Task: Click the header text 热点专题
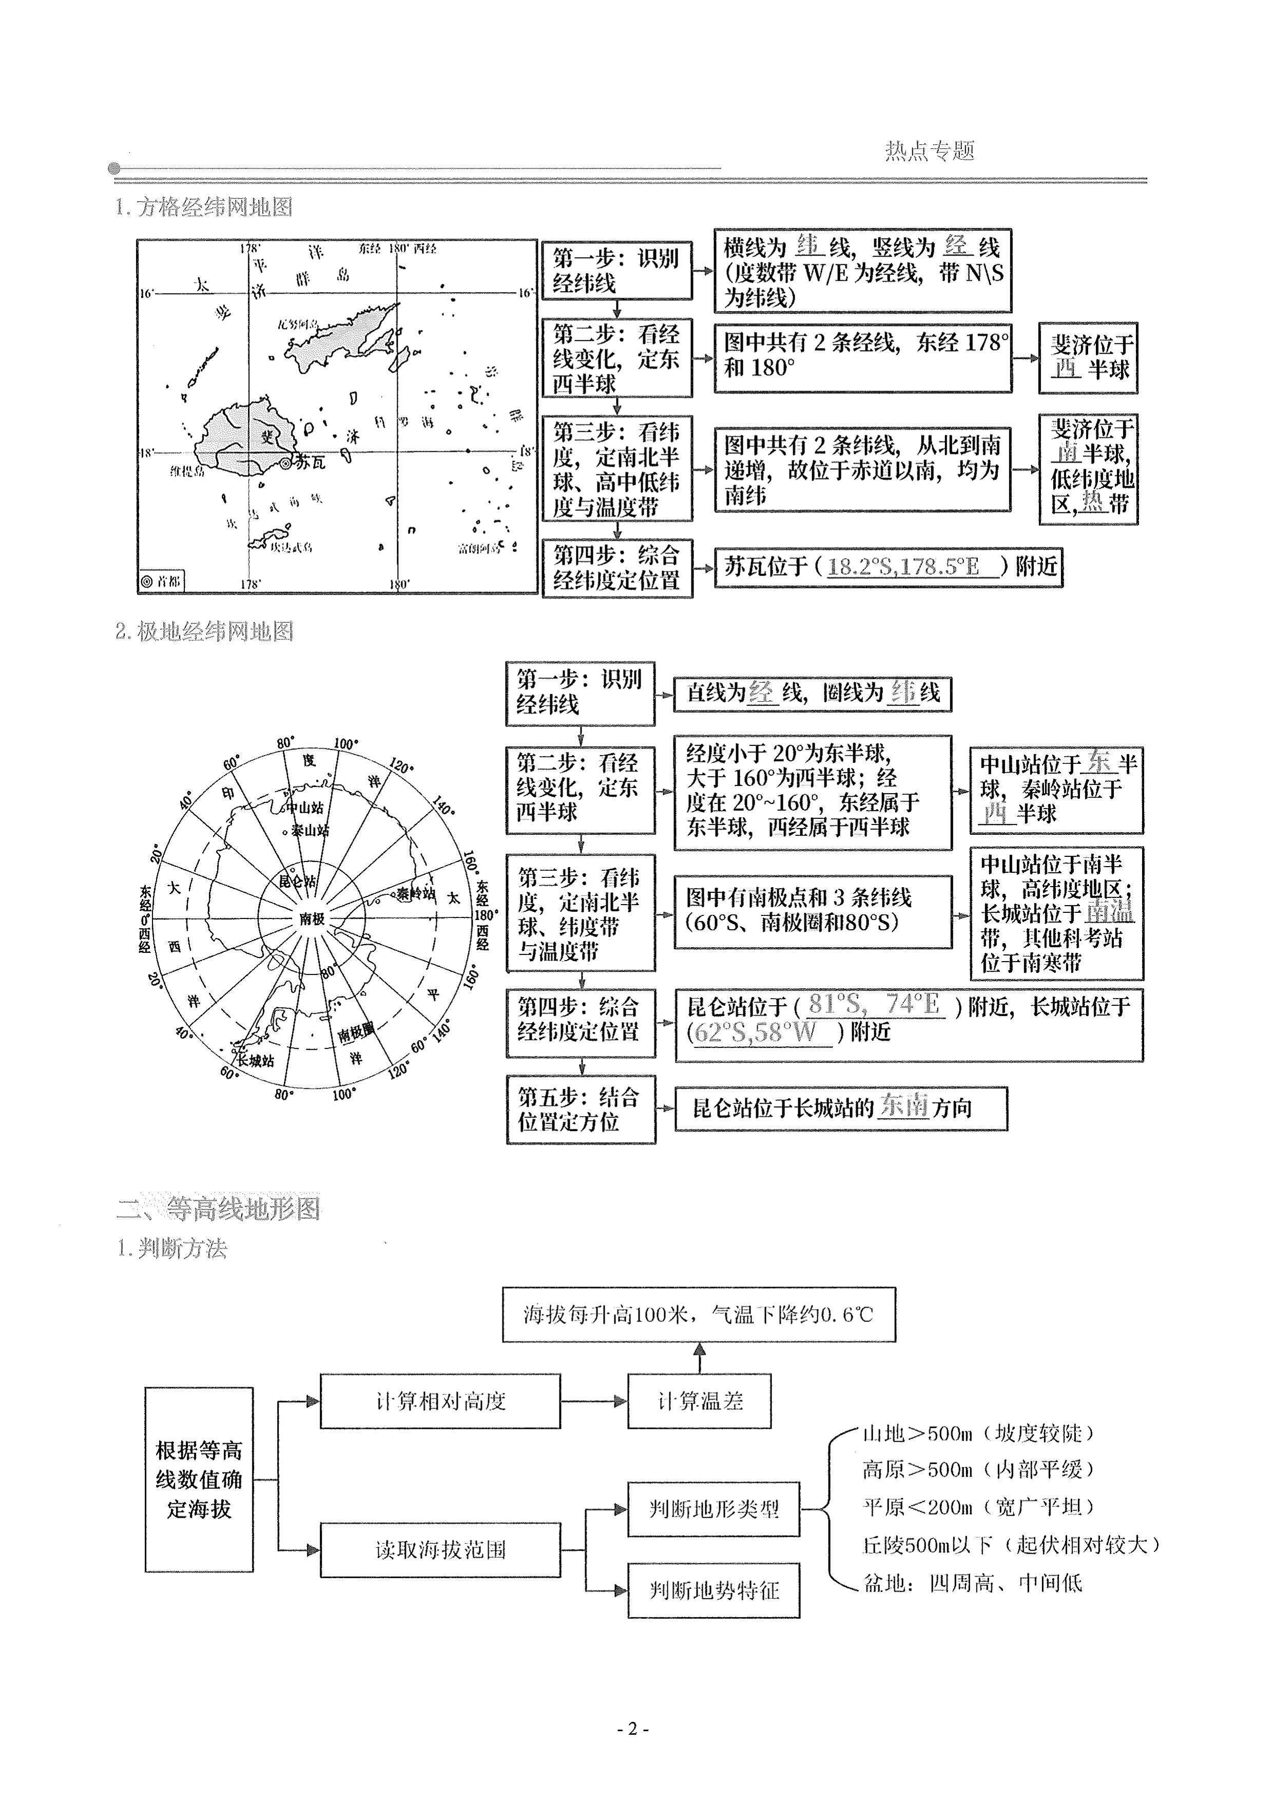click(x=930, y=150)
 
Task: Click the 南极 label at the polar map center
click(x=312, y=918)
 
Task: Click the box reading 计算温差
click(x=699, y=1401)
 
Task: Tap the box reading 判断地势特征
click(x=713, y=1590)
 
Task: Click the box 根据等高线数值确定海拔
click(x=199, y=1480)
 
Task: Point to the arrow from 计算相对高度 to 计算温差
click(x=594, y=1401)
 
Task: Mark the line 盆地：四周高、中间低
click(x=973, y=1583)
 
